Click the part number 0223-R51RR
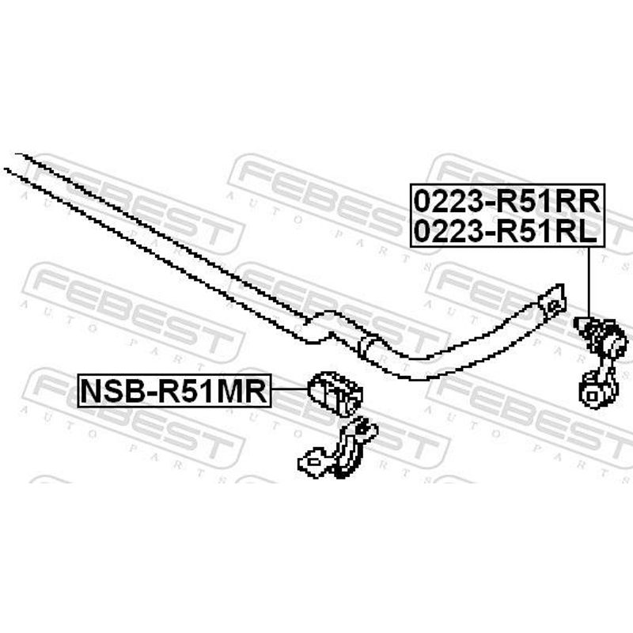pyautogui.click(x=507, y=202)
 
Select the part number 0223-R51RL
pyautogui.click(x=506, y=232)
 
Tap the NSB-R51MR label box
pyautogui.click(x=174, y=390)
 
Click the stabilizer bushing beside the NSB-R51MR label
pyautogui.click(x=335, y=393)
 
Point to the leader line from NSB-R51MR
pyautogui.click(x=290, y=389)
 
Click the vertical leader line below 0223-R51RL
pyautogui.click(x=589, y=282)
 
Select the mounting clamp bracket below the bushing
pyautogui.click(x=338, y=449)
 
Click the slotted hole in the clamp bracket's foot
pyautogui.click(x=313, y=461)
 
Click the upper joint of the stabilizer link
pyautogui.click(x=601, y=335)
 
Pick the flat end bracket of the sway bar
pyautogui.click(x=552, y=304)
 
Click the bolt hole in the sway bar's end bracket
pyautogui.click(x=554, y=305)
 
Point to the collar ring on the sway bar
pyautogui.click(x=367, y=345)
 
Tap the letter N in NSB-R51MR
pyautogui.click(x=91, y=391)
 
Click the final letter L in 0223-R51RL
pyautogui.click(x=589, y=232)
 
